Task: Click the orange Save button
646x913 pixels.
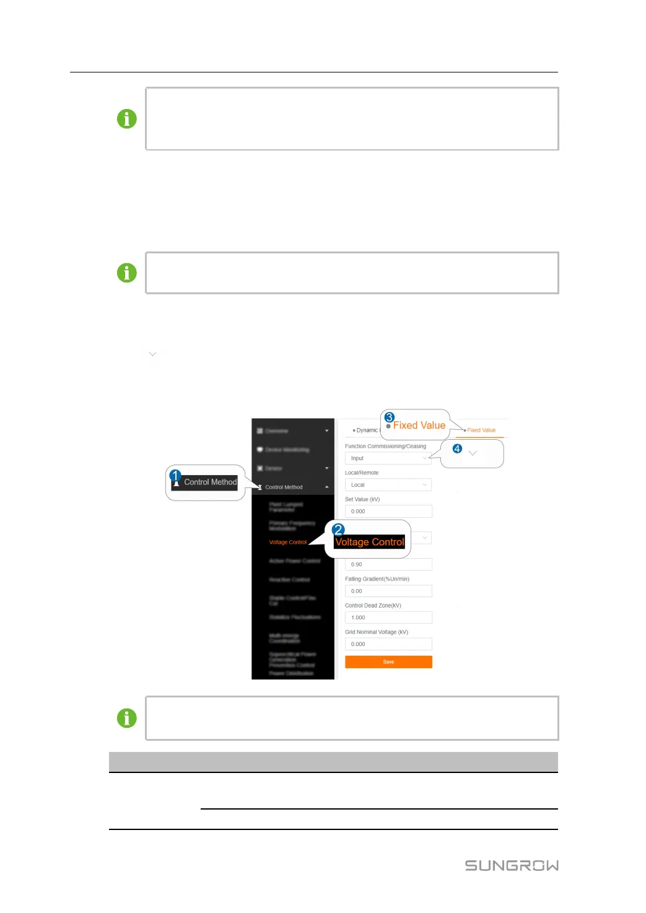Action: [x=388, y=662]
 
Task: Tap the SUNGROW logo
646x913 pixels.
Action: [x=512, y=865]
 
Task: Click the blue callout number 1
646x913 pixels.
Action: [x=175, y=476]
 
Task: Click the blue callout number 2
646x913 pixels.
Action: [x=338, y=530]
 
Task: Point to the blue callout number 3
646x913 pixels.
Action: [x=390, y=417]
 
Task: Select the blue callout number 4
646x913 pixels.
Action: [x=457, y=448]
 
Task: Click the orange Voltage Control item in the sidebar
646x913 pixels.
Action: [x=287, y=542]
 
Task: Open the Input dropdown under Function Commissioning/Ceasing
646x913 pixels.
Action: [x=388, y=458]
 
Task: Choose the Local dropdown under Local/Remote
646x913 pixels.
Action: [x=388, y=485]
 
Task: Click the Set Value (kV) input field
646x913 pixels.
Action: [x=388, y=512]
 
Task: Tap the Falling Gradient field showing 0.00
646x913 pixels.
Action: [x=388, y=591]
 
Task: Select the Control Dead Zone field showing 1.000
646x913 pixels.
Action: [x=388, y=618]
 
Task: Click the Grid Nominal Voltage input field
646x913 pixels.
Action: [x=388, y=644]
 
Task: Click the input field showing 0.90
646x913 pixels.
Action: [x=388, y=564]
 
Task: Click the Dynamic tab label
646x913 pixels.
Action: [x=366, y=430]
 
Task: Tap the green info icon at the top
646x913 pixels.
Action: [x=127, y=119]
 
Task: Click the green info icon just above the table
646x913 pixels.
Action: [x=127, y=718]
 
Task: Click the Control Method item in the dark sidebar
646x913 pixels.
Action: [x=284, y=487]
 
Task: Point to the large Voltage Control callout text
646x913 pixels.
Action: [x=370, y=542]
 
